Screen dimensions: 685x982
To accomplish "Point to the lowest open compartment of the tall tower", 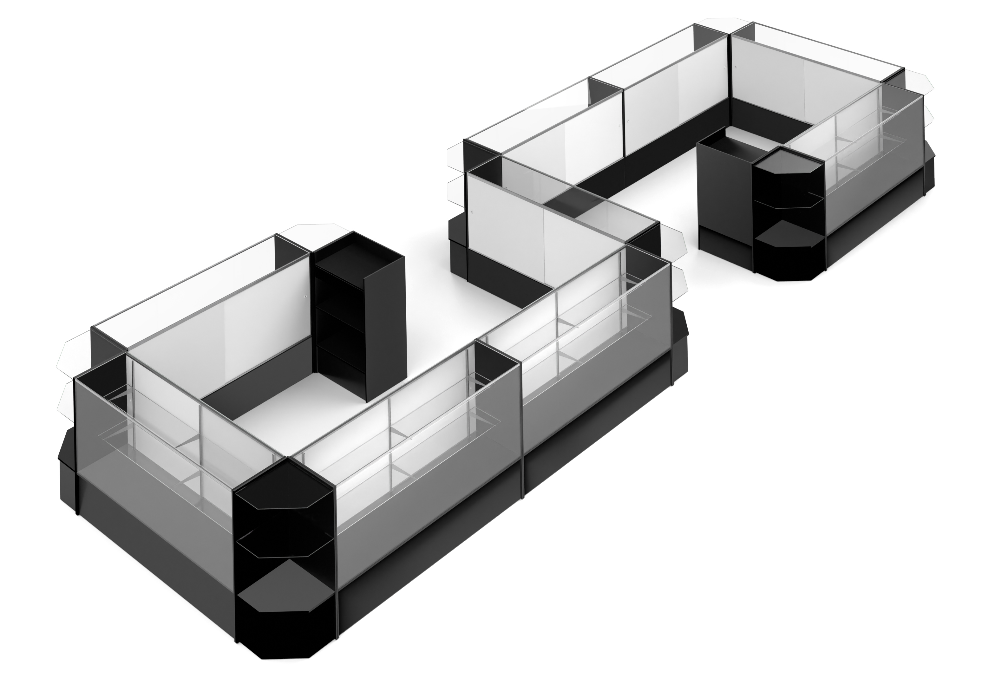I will pyautogui.click(x=338, y=363).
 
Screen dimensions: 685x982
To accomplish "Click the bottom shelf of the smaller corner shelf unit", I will pyautogui.click(x=789, y=233).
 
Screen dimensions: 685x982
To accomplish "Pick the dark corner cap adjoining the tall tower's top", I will pyautogui.click(x=293, y=248).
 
